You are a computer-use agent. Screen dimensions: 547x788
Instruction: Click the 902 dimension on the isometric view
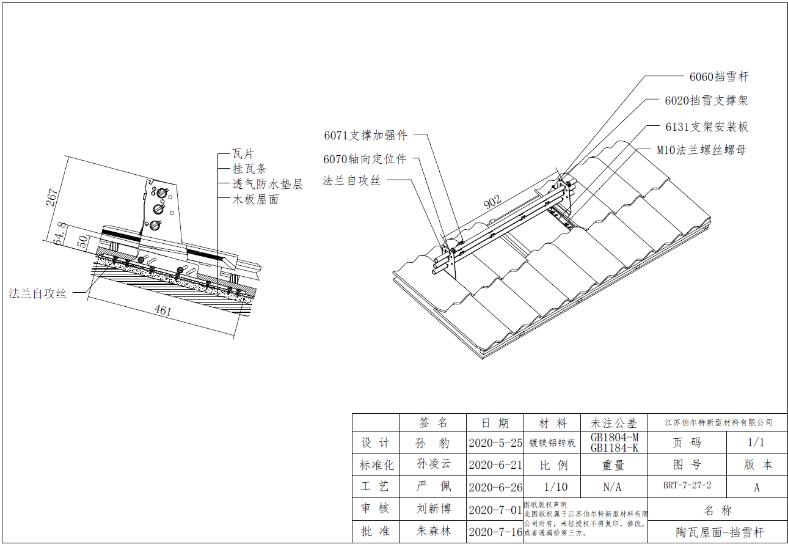[492, 202]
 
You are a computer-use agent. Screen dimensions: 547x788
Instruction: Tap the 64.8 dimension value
[59, 234]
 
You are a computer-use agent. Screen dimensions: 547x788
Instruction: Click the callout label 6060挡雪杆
[718, 77]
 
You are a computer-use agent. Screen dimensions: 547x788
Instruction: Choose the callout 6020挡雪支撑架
[706, 101]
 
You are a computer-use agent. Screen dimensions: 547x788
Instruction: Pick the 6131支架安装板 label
[707, 127]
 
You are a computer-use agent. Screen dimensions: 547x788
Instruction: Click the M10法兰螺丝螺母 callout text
[701, 150]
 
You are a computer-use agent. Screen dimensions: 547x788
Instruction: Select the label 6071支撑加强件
[365, 136]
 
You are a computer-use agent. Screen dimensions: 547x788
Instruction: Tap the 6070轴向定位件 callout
[365, 160]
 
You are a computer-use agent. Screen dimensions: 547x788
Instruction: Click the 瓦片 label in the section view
[243, 154]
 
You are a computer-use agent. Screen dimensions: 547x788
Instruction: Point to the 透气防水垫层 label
[268, 184]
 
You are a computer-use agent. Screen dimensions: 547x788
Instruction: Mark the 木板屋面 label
[255, 199]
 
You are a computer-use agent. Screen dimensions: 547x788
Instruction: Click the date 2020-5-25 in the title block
[495, 442]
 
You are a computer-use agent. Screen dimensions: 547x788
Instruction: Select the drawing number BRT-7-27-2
[687, 486]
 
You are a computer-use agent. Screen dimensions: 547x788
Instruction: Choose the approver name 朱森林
[434, 531]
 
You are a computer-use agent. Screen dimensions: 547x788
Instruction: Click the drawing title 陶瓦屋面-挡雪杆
[720, 532]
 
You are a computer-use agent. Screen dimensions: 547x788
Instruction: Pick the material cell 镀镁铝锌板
[552, 442]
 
